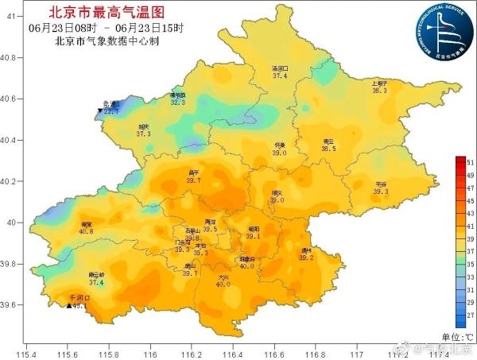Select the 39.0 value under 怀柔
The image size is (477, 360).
[279, 153]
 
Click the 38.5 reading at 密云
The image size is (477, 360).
[328, 149]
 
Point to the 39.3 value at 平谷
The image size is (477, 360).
[381, 192]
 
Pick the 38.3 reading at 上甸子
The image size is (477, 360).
[379, 91]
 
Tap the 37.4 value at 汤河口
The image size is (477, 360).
[280, 75]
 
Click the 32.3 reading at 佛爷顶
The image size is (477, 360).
[177, 102]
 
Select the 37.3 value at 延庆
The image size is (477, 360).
[143, 134]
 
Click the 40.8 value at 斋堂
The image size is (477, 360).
[86, 231]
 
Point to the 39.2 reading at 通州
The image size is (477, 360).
[306, 257]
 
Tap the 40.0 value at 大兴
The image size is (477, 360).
[223, 284]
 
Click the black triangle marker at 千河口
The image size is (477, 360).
[68, 304]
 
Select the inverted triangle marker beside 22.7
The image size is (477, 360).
[99, 112]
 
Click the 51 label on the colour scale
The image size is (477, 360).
[470, 161]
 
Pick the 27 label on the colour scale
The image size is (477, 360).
[470, 315]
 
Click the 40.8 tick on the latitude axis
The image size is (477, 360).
[9, 57]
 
